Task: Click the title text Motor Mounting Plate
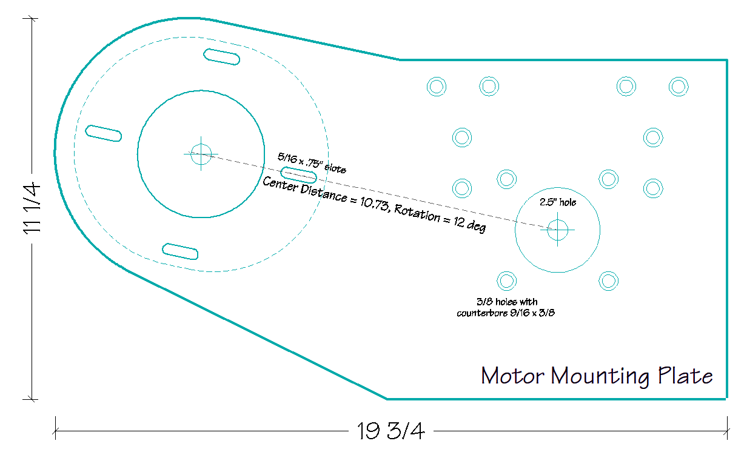597,376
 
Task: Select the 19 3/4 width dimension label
391,431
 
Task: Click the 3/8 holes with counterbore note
506,307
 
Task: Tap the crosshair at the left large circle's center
201,154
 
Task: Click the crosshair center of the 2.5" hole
557,229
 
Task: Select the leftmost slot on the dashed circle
104,133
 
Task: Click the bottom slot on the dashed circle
180,251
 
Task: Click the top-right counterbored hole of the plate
679,87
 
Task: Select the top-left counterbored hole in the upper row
436,87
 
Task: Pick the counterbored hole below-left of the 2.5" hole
506,280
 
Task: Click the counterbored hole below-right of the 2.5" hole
608,280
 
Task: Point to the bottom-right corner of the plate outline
726,399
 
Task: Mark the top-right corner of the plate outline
726,60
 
